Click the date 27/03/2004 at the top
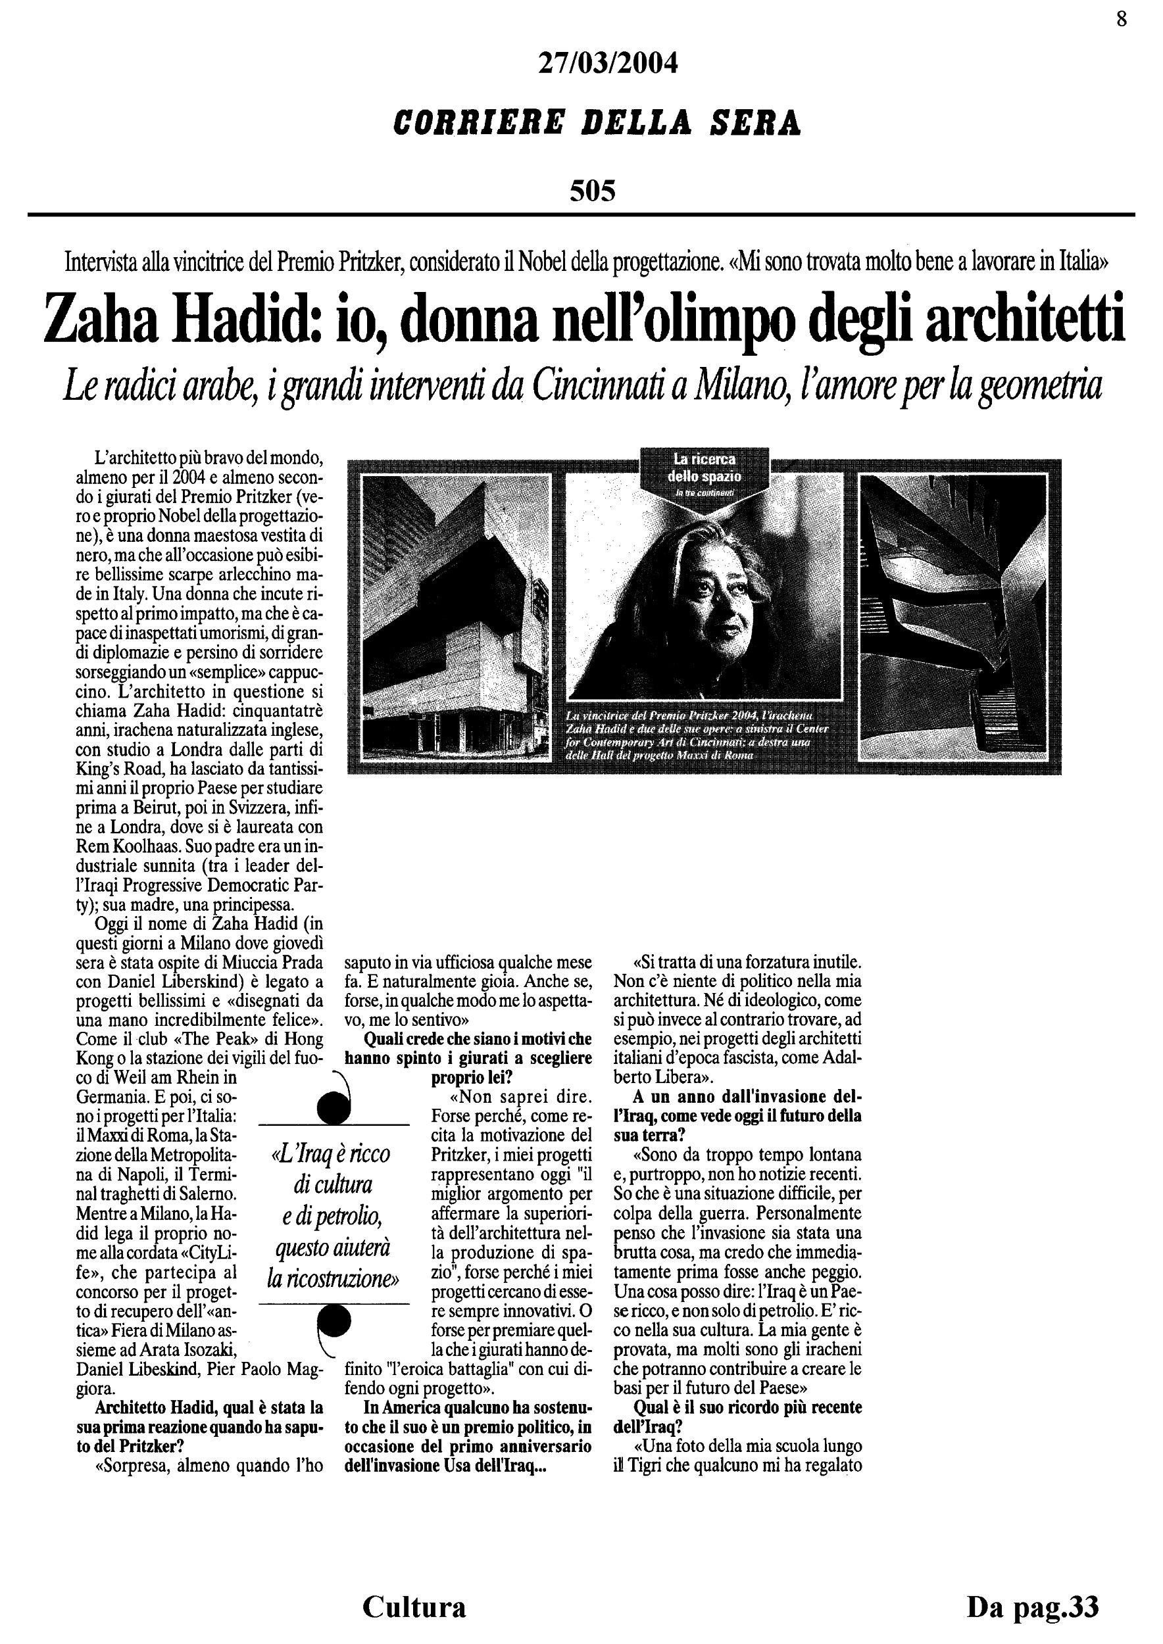point(606,64)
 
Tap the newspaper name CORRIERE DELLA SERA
point(597,123)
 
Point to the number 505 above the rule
point(592,191)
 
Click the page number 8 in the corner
point(1122,19)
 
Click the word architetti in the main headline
point(1025,320)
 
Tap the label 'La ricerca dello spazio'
point(704,467)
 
